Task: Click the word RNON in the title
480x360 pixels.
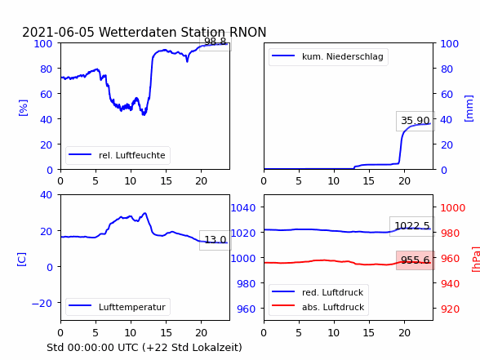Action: [x=247, y=32]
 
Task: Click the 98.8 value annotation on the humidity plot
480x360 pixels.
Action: [x=216, y=42]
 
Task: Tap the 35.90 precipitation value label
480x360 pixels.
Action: [x=416, y=121]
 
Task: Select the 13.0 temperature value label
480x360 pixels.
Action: [x=216, y=240]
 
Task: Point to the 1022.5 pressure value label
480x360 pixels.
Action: [x=412, y=226]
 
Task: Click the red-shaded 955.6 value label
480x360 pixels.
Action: [x=416, y=260]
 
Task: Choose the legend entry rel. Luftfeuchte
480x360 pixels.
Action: [x=118, y=155]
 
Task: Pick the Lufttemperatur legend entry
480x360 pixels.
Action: [x=118, y=307]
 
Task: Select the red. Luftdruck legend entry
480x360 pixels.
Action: [x=318, y=292]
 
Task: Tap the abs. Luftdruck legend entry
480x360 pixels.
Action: [x=318, y=307]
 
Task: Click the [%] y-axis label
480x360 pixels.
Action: [x=23, y=108]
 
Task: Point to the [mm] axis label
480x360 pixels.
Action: [x=469, y=109]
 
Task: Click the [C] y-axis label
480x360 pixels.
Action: [x=22, y=260]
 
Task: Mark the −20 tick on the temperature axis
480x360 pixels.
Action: [x=42, y=303]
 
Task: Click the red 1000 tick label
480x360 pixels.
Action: [x=453, y=208]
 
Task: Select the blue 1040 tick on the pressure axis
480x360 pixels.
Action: [x=243, y=208]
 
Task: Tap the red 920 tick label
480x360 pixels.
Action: [x=450, y=309]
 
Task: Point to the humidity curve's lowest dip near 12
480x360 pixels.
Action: [x=144, y=114]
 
